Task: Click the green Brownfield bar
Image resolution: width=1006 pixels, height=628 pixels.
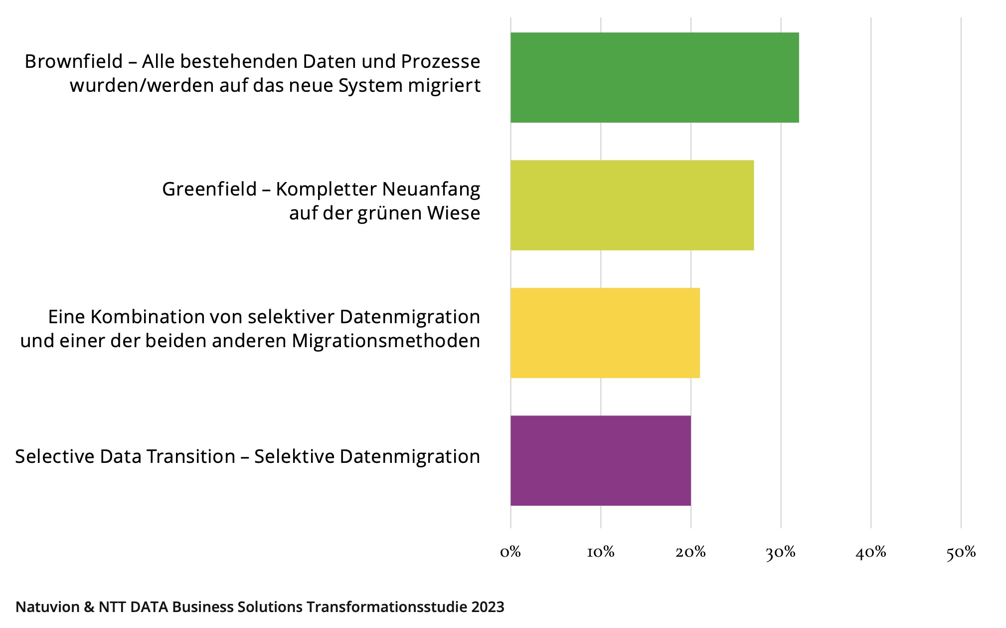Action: click(655, 78)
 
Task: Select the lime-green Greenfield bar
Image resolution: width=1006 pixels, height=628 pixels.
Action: click(632, 205)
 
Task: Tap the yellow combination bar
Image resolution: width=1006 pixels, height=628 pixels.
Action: click(605, 333)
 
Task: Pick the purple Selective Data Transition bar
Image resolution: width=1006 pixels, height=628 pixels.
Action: click(601, 460)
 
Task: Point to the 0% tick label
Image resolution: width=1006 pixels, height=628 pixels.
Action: click(510, 552)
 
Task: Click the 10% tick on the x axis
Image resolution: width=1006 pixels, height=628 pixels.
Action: click(601, 552)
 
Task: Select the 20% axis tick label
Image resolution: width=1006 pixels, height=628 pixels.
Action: click(690, 552)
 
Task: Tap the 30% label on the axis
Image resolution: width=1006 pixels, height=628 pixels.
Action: click(781, 552)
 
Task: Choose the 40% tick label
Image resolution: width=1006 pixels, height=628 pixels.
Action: click(871, 552)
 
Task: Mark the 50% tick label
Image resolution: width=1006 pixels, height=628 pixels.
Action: click(961, 552)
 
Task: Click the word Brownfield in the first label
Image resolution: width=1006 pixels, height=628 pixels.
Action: click(74, 61)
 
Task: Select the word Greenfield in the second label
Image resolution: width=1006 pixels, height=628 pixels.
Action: click(209, 189)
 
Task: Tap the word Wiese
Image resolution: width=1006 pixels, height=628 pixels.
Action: click(454, 213)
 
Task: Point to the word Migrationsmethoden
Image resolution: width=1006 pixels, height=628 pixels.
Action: click(386, 341)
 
